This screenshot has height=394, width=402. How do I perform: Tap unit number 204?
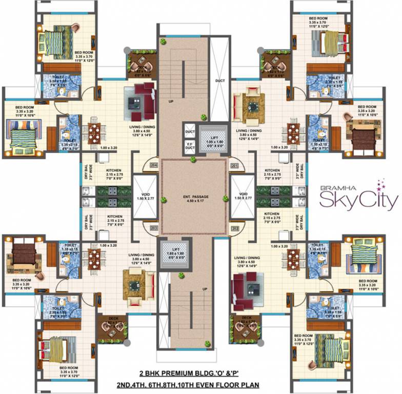[153, 165]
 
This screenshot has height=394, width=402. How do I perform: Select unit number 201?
[235, 165]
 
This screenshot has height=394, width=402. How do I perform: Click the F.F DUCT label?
[189, 146]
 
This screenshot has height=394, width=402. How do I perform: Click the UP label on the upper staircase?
[171, 102]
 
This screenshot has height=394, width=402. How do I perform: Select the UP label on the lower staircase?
[205, 290]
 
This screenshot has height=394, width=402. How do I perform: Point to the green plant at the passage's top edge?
[193, 160]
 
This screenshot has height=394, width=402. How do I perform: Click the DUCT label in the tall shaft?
[219, 81]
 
